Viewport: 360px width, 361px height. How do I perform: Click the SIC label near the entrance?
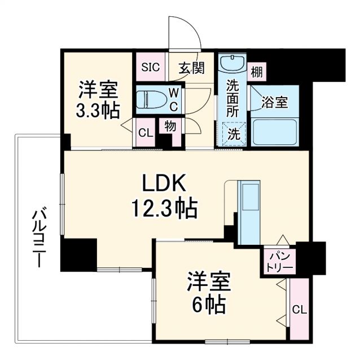click(x=150, y=67)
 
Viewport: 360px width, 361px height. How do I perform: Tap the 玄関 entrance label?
click(x=192, y=68)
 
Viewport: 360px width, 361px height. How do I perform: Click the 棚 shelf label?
click(x=257, y=72)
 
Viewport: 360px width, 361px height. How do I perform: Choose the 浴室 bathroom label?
click(x=274, y=103)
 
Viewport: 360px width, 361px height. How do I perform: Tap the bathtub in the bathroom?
click(x=275, y=132)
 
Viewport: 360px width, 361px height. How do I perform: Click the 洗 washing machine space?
click(x=233, y=134)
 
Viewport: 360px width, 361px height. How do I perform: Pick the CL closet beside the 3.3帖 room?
click(x=144, y=134)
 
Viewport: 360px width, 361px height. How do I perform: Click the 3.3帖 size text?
click(x=98, y=111)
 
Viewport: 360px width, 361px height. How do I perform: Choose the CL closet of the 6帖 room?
click(x=300, y=309)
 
